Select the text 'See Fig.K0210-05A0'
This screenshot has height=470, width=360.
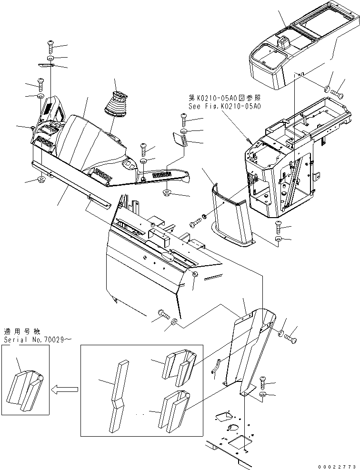click(224, 107)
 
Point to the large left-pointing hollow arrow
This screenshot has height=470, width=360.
click(65, 390)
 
